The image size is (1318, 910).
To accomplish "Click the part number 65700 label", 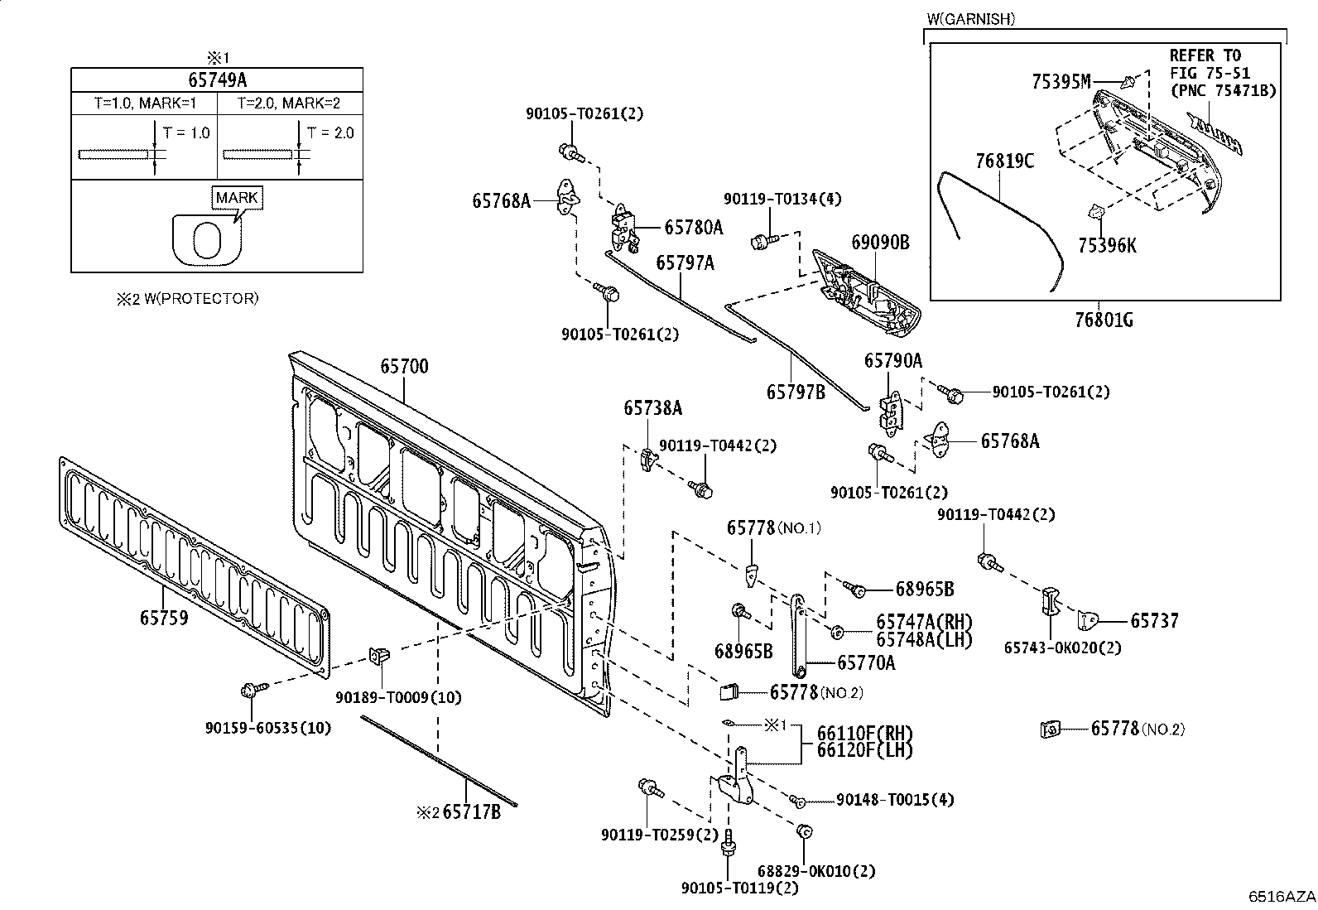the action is tap(404, 366).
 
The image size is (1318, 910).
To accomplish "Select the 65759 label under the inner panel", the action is tap(164, 618).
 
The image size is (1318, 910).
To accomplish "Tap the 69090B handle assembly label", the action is tap(880, 242).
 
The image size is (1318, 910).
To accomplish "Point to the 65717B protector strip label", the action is tap(471, 812).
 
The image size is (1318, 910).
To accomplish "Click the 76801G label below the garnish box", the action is tap(1104, 320).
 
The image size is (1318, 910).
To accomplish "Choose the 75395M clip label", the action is tap(1061, 82).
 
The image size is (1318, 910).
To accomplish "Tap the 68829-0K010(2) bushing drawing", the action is tap(805, 831).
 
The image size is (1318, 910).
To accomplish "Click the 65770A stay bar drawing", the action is tap(798, 636).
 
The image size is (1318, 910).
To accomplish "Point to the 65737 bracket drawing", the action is tap(1089, 621).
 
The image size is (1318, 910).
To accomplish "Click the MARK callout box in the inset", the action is tap(237, 198).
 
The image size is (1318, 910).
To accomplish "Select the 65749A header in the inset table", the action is tap(217, 79).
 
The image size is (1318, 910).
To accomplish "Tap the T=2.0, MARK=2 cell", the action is tap(289, 103).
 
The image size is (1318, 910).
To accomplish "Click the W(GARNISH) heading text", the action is tap(971, 19).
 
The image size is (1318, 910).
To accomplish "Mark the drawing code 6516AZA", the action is tap(1282, 897).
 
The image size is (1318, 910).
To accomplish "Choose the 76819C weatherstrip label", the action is tap(1005, 161).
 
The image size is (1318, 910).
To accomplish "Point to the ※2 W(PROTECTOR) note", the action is tap(188, 299).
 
